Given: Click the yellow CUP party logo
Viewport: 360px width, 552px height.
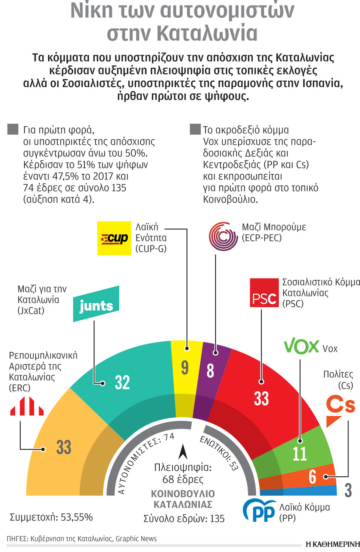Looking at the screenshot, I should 114,238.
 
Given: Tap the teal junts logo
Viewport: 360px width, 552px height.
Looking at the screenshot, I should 96,304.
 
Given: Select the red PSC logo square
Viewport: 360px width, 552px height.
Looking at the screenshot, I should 264,293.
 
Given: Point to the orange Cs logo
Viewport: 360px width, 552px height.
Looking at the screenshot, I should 340,409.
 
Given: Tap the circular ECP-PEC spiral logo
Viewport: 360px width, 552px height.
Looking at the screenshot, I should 223,236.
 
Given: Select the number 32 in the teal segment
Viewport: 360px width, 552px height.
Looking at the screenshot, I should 122,383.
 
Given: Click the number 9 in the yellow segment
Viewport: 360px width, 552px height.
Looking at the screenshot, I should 185,367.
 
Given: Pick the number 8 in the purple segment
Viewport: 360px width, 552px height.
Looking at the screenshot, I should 210,371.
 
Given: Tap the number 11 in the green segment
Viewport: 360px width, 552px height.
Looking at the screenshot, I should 299,453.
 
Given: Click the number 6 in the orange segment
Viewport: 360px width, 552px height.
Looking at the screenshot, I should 312,477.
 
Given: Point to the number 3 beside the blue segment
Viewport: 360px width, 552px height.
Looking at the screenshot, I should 348,490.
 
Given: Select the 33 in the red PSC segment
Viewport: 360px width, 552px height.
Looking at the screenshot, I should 261,398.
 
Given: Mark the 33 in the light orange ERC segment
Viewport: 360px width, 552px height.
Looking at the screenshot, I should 64,447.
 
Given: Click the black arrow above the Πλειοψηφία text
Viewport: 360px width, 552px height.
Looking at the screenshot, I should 183,452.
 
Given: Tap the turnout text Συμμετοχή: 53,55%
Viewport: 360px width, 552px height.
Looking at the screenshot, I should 51,517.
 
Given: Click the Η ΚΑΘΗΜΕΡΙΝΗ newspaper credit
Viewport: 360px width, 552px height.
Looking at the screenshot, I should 332,544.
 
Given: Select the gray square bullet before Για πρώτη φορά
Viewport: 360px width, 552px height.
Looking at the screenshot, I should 13,129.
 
